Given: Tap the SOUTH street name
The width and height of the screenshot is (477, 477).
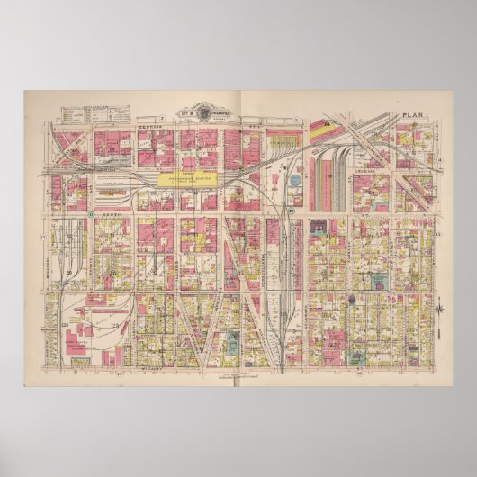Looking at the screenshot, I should (x=110, y=216).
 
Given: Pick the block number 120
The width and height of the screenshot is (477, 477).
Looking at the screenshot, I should (x=65, y=321).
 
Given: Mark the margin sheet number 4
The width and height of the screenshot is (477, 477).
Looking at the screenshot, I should (x=439, y=158).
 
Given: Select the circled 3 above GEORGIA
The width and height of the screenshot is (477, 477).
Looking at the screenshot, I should (x=158, y=120).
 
